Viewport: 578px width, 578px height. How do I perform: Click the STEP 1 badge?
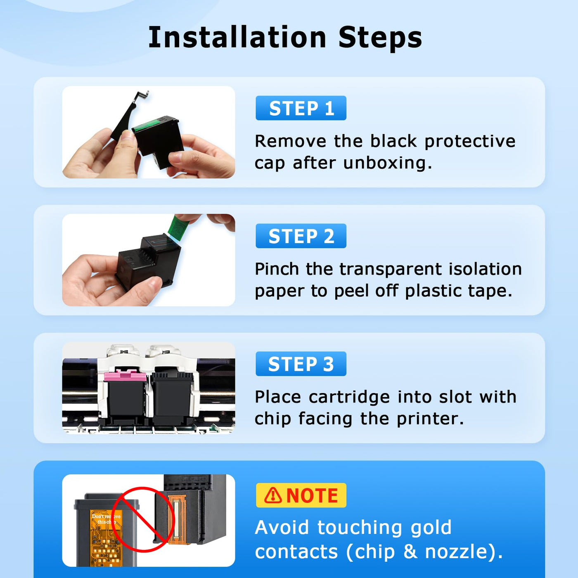(301, 108)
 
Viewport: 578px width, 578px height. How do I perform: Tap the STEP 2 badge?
(301, 236)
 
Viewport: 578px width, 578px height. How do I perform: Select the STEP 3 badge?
(301, 364)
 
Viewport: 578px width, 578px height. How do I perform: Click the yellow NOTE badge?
(301, 495)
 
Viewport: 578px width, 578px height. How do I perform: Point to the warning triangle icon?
(273, 495)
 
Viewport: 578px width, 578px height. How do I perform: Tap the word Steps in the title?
(380, 38)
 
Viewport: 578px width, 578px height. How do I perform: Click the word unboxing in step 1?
(388, 163)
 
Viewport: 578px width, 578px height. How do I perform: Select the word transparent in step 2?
(391, 269)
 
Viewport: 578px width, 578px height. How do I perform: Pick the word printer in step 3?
(430, 419)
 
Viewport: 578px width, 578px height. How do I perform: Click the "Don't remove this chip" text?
(106, 519)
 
